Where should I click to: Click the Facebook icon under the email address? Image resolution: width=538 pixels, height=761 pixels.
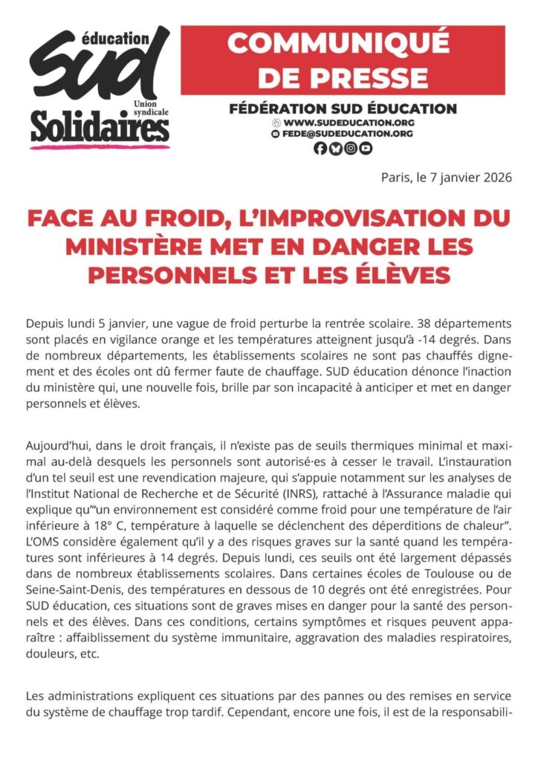click(320, 148)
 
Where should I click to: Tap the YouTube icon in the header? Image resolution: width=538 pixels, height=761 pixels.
click(365, 148)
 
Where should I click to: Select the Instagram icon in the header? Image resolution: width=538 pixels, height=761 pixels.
click(350, 148)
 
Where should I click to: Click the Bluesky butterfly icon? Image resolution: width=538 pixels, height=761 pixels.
click(335, 148)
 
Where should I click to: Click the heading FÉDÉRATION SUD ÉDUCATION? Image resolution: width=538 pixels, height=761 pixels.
click(343, 109)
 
